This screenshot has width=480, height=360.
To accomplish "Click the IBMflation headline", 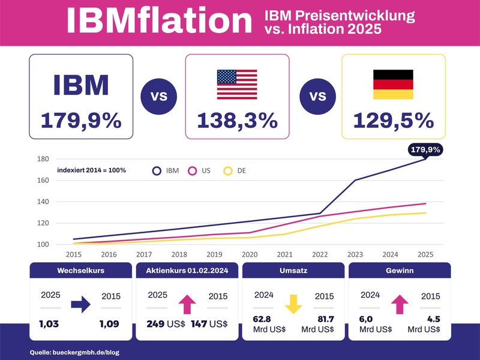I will coord(159,22).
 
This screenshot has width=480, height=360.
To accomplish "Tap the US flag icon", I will coord(237,85).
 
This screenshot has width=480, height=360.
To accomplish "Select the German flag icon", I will coord(393,85).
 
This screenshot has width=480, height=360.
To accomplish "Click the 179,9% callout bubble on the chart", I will coord(425,149).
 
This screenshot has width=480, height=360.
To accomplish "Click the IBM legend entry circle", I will coord(157,171).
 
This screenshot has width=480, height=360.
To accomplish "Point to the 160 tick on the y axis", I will coord(43,180).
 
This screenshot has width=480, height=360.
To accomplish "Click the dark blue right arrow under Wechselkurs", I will coord(80,305).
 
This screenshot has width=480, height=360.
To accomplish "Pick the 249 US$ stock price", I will coord(165,324).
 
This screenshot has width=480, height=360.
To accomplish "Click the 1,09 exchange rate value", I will coord(111,324).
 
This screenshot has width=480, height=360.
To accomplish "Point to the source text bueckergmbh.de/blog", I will coord(74,352).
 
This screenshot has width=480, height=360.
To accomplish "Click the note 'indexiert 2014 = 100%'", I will coord(91,170).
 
